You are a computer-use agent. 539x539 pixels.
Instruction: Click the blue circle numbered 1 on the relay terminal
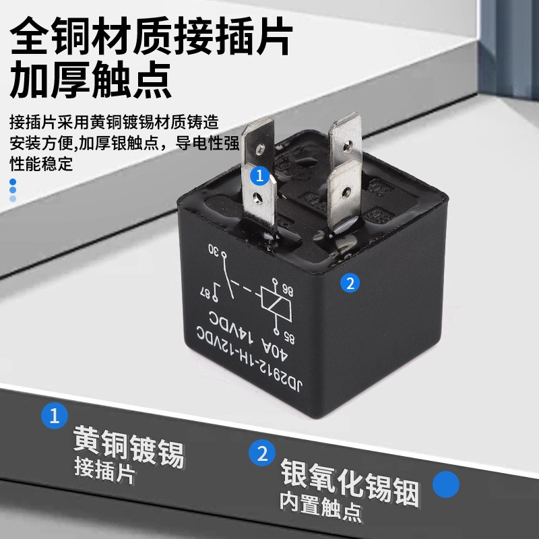point(259,176)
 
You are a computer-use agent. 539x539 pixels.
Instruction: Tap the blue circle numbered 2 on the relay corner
point(350,283)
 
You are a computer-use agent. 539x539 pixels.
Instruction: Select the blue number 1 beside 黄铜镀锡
point(55,416)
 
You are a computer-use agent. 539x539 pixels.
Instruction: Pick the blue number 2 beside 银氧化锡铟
point(262,453)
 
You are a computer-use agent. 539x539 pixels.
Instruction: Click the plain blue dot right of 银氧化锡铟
point(446,484)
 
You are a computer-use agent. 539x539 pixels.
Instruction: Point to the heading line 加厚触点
point(91,80)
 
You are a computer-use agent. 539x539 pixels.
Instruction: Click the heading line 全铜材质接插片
point(151,36)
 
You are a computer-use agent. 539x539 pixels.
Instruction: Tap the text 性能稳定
point(41,164)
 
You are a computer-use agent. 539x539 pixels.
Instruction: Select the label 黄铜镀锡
point(129,446)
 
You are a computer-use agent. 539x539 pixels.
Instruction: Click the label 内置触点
point(321,507)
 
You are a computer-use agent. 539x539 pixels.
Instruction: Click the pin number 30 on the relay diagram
point(214,251)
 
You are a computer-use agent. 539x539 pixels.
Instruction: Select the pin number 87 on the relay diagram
point(205,293)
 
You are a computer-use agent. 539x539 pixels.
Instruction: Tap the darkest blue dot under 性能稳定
point(13,181)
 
